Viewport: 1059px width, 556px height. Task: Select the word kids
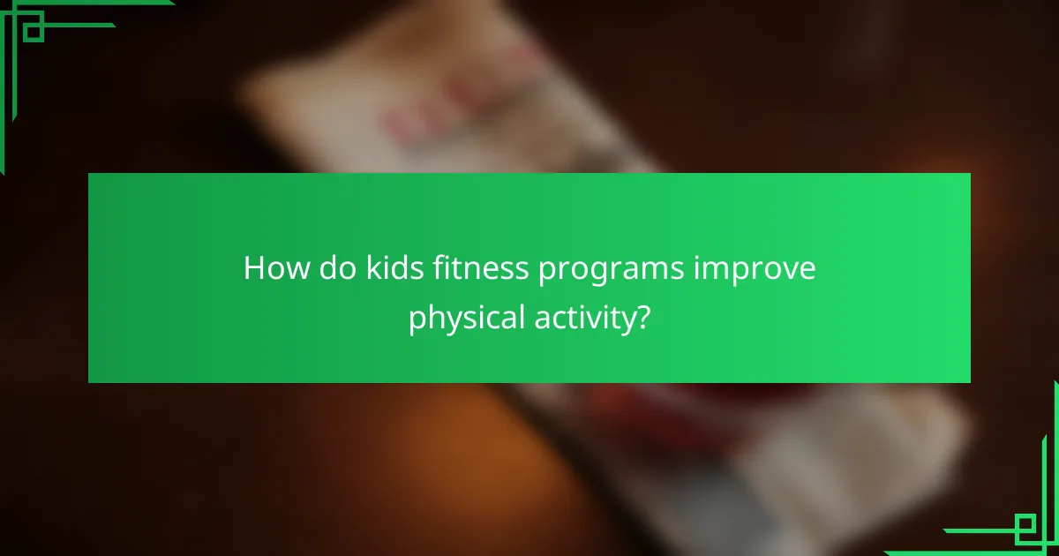click(x=386, y=268)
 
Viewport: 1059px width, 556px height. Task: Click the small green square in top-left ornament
click(x=34, y=30)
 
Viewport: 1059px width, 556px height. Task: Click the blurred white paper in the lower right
click(x=882, y=459)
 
